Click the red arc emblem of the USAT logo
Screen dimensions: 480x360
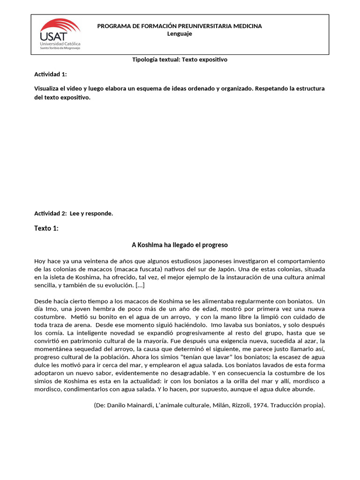click(61, 25)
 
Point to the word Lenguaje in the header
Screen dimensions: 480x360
click(180, 34)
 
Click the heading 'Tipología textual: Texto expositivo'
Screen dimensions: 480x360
click(180, 60)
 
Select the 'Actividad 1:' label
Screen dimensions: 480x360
click(51, 74)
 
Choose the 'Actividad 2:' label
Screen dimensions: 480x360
click(51, 214)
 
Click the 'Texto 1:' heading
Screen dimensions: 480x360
click(47, 228)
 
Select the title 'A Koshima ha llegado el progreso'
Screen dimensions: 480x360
click(180, 245)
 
